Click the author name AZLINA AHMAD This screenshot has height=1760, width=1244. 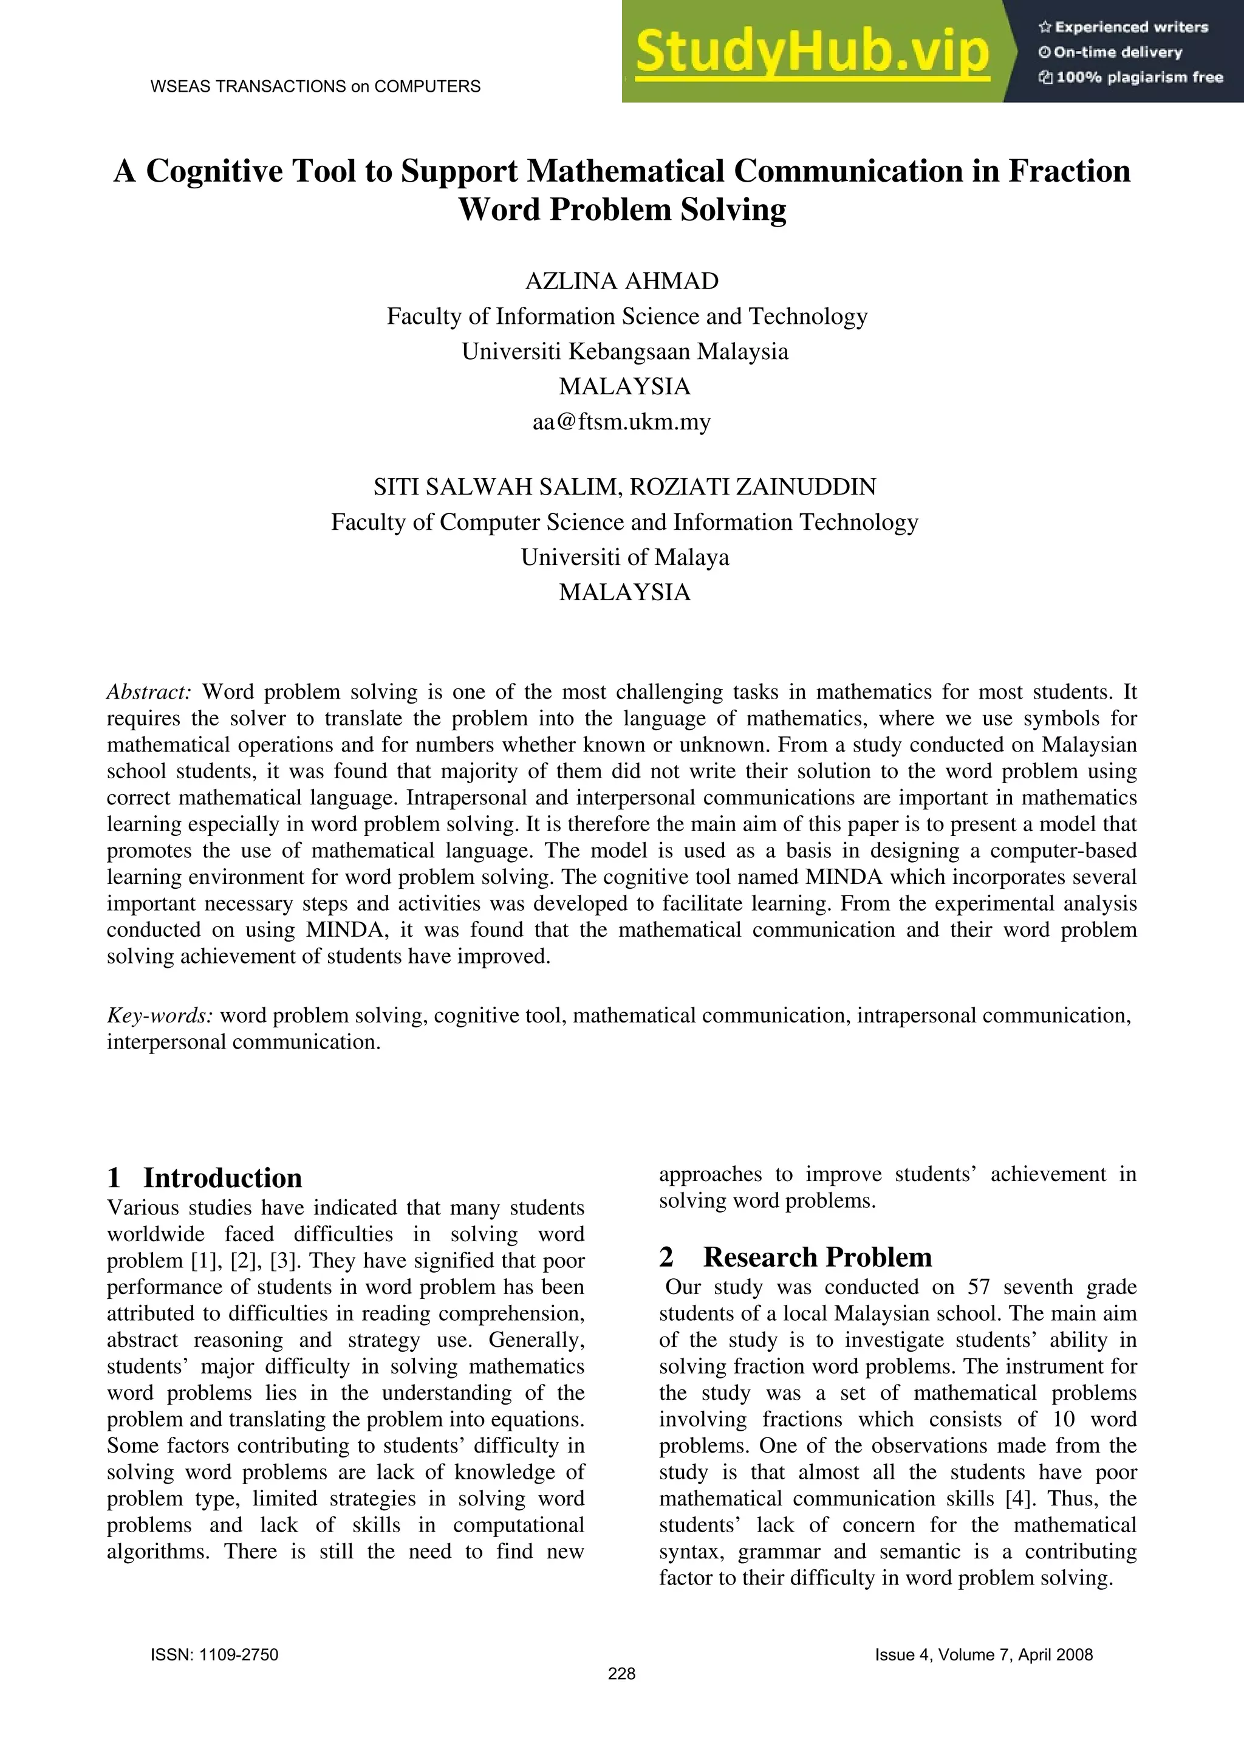tap(621, 281)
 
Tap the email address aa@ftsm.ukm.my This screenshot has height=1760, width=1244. tap(621, 422)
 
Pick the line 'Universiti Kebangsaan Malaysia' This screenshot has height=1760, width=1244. tap(624, 352)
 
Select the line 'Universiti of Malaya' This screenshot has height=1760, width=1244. tap(624, 557)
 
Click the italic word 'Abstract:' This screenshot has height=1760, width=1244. tap(149, 692)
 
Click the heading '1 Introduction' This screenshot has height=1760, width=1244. tap(205, 1178)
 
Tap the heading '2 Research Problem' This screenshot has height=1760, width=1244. tap(796, 1257)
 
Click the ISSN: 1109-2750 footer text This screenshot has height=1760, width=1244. tap(214, 1655)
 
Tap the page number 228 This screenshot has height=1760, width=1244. tap(621, 1674)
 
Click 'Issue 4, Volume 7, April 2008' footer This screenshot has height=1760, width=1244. tap(983, 1655)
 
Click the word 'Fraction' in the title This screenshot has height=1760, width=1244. tap(1069, 171)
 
